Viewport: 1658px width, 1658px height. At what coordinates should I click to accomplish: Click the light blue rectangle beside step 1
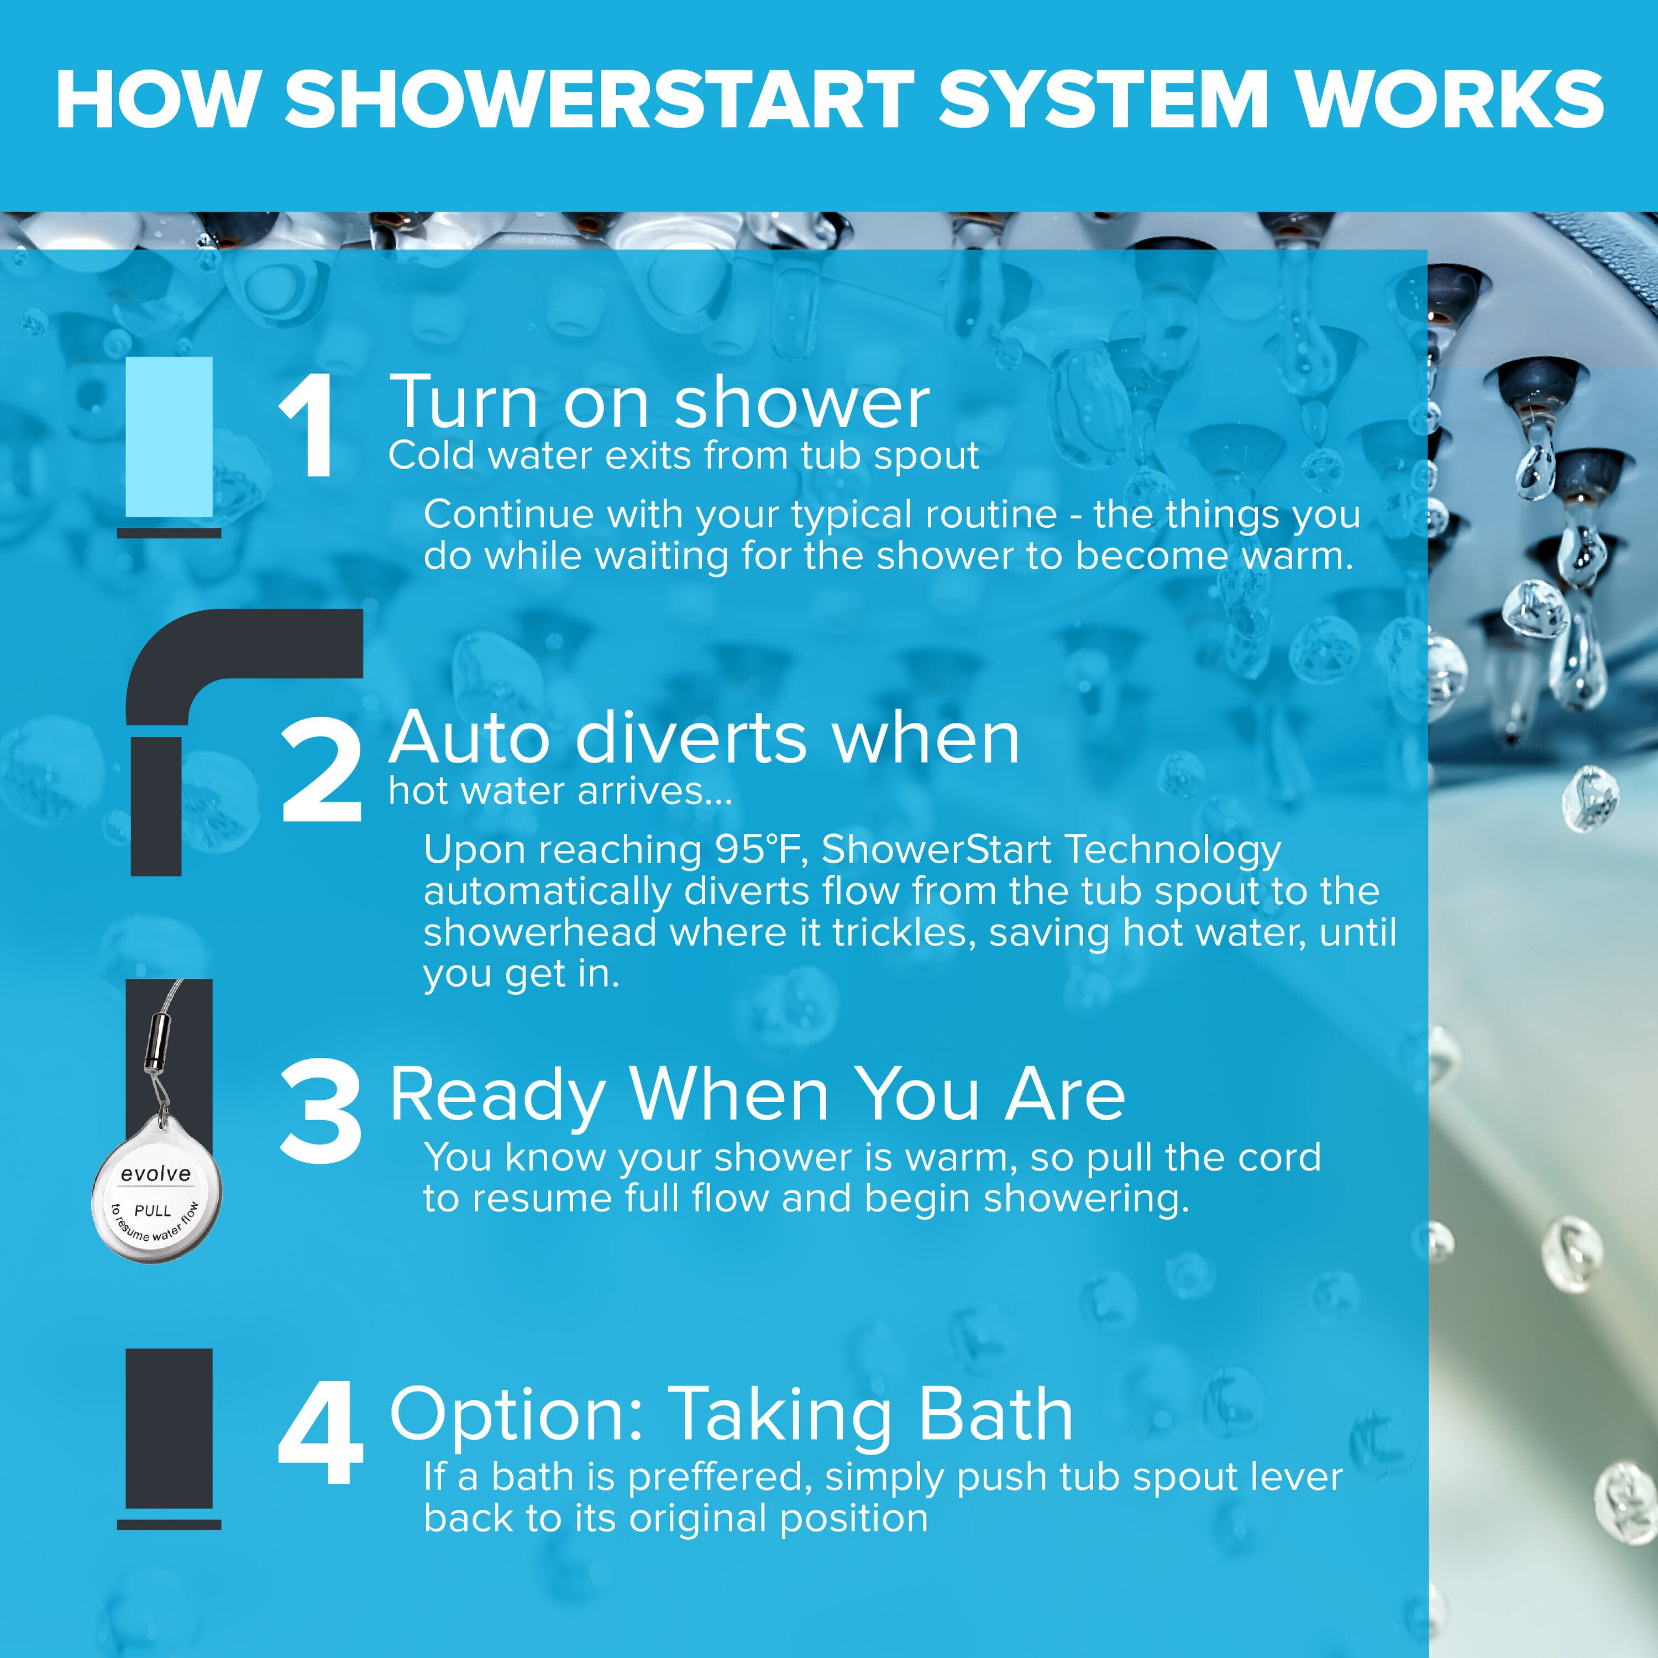pyautogui.click(x=169, y=437)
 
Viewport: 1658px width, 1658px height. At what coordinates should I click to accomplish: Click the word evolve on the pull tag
pyautogui.click(x=155, y=1174)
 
